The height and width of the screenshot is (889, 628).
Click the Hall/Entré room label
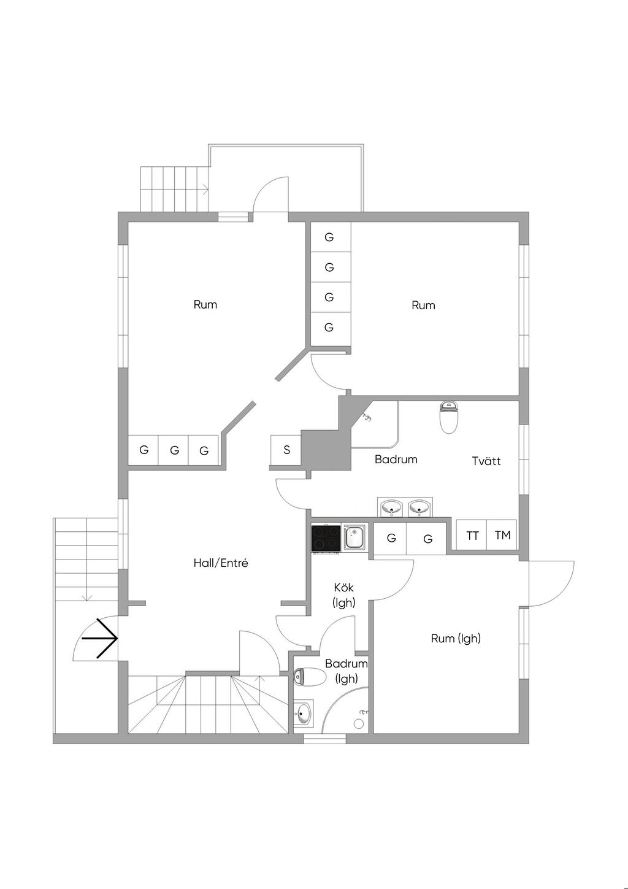[221, 563]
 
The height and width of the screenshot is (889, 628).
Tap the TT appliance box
[472, 536]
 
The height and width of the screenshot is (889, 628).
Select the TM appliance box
[502, 536]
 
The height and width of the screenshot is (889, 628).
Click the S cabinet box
[286, 450]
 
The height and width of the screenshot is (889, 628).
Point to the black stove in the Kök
[326, 539]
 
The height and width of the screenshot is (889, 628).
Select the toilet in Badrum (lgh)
[310, 677]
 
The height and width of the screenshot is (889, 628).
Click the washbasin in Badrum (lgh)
[303, 713]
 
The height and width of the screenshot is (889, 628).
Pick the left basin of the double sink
[391, 507]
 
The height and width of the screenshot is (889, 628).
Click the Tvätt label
[486, 461]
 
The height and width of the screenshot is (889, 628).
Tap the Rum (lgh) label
[456, 638]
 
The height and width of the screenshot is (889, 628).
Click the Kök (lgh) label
[343, 595]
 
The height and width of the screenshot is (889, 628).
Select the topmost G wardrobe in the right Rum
[330, 237]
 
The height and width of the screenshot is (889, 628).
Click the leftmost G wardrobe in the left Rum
[144, 450]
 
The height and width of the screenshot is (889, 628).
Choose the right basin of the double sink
[419, 507]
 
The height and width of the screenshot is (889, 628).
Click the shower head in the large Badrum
[367, 418]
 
